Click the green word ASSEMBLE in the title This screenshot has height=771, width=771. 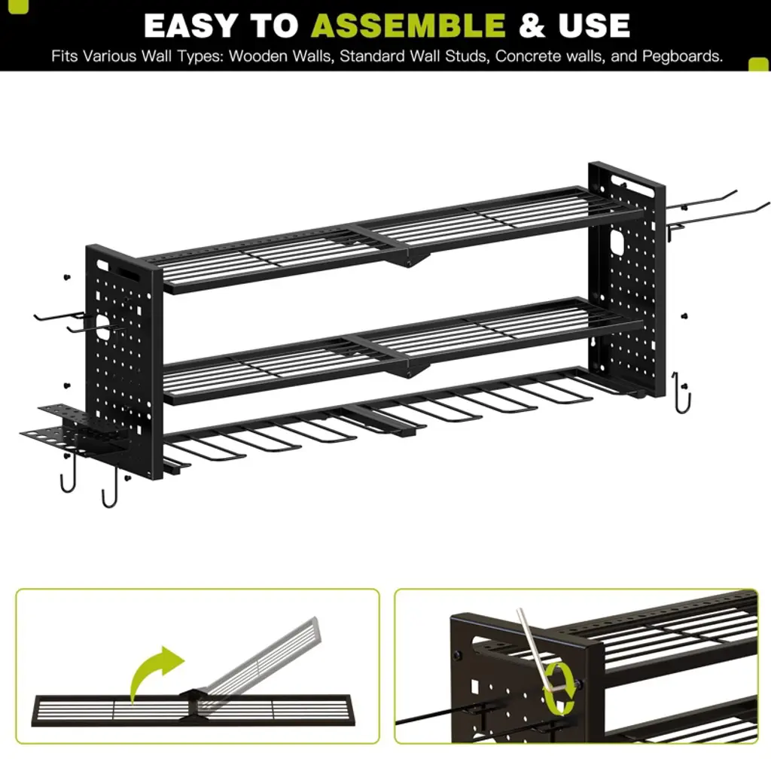coord(408,26)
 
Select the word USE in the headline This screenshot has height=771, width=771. coord(594,26)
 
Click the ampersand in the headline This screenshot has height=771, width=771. coord(532,26)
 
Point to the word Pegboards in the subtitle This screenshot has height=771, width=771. coord(682,56)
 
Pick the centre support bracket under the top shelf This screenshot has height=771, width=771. coord(410,258)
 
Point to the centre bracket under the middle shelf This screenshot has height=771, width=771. coord(410,370)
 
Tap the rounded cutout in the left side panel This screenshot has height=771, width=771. coord(102,327)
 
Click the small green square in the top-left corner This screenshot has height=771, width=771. coord(19,6)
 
